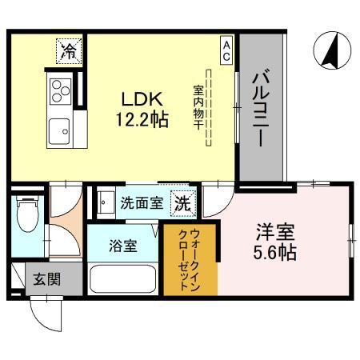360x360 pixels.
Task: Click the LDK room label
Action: tap(142, 99)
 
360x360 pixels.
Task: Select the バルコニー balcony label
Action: tap(261, 109)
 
